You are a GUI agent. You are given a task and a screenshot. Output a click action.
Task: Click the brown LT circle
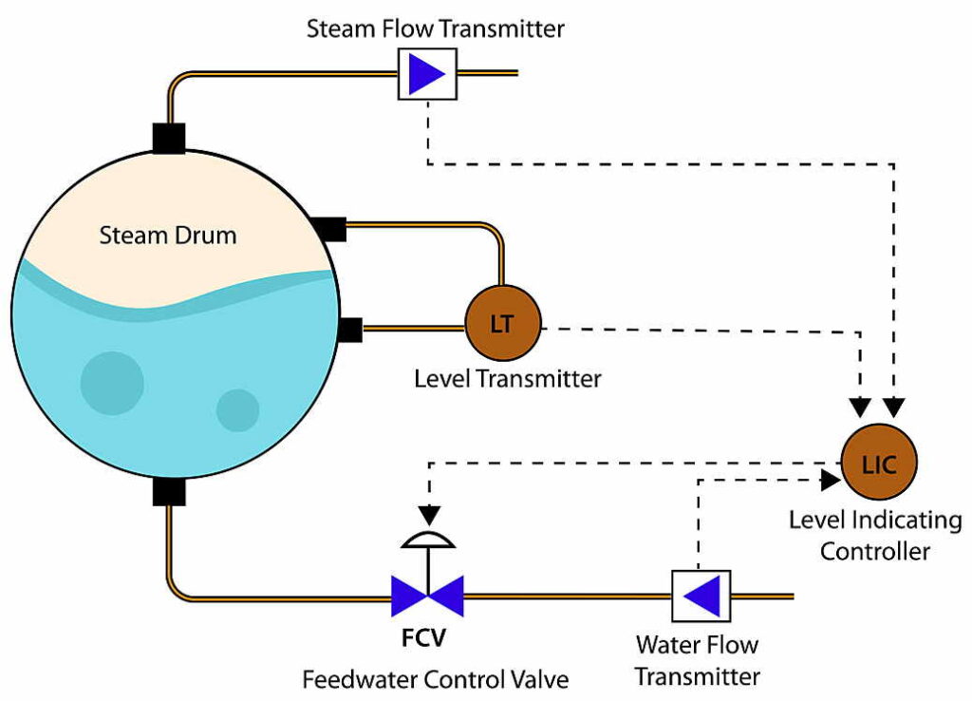(x=501, y=323)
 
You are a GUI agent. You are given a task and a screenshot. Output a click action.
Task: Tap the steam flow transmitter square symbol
(x=426, y=73)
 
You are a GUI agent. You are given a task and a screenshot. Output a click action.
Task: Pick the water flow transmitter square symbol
(x=701, y=597)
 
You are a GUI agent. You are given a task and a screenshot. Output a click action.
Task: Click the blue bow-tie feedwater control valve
(x=427, y=597)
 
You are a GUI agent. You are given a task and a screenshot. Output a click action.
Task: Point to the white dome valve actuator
(x=428, y=539)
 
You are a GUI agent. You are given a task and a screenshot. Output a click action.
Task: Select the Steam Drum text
(x=168, y=235)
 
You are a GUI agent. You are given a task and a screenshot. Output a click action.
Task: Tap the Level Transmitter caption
(x=508, y=380)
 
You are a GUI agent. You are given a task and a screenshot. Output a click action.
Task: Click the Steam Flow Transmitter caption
(x=436, y=28)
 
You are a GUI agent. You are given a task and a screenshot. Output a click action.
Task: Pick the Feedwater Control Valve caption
(x=436, y=680)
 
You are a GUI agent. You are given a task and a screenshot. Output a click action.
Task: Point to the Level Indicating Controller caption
(x=875, y=536)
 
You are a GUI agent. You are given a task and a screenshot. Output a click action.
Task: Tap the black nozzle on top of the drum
(x=168, y=138)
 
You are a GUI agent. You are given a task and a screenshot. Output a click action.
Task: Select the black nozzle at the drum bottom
(x=168, y=492)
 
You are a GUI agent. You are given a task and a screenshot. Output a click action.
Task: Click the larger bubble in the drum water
(x=112, y=383)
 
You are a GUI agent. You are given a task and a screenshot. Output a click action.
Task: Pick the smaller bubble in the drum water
(x=237, y=410)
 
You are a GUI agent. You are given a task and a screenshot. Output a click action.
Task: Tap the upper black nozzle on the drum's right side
(x=328, y=229)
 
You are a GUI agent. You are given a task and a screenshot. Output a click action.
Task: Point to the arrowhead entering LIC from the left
(x=830, y=481)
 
